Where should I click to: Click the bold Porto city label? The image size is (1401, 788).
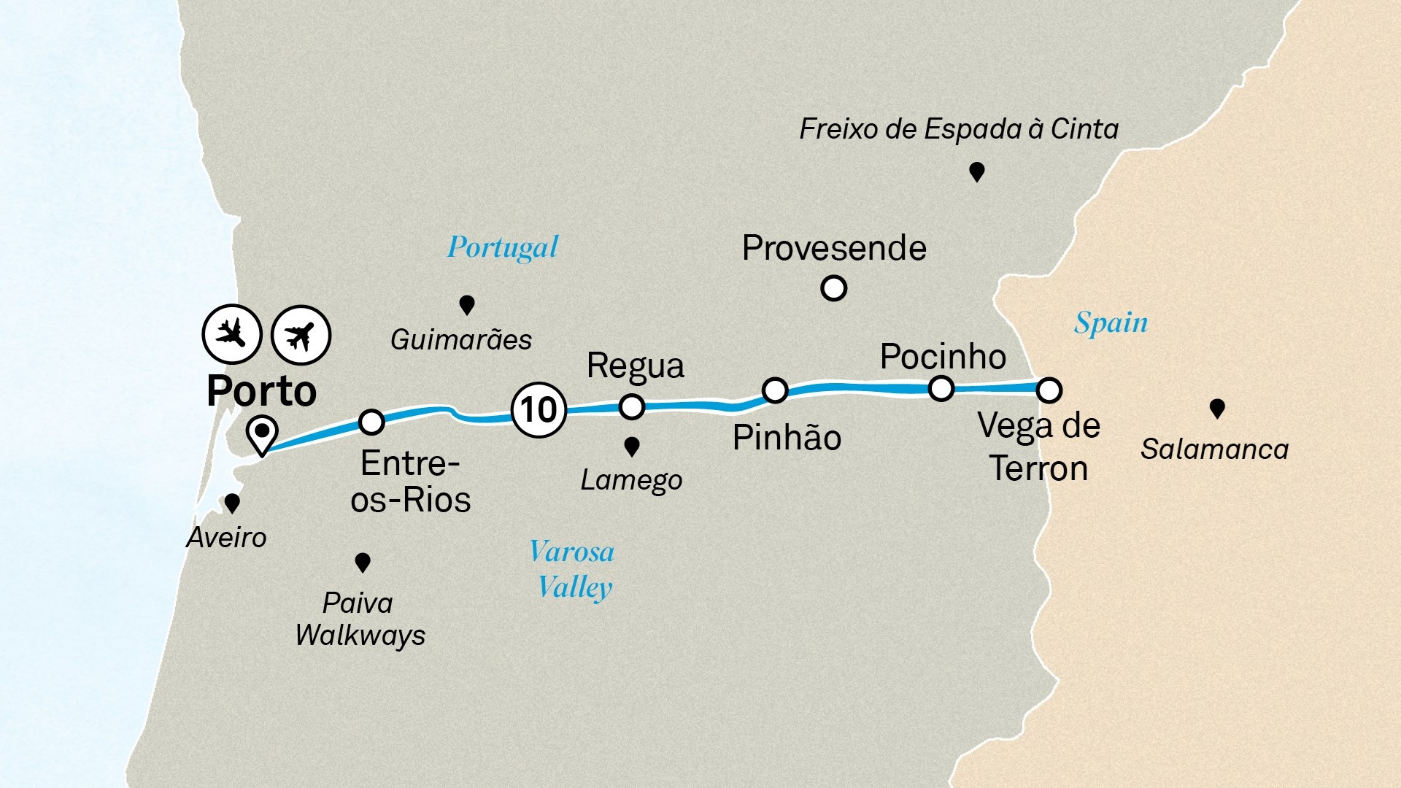(x=261, y=391)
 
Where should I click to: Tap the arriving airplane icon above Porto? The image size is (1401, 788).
(x=232, y=334)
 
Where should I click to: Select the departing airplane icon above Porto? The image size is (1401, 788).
(x=301, y=335)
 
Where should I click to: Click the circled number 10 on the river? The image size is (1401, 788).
(x=539, y=409)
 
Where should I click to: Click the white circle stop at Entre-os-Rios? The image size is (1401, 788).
(x=371, y=421)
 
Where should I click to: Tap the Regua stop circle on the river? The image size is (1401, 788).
(x=631, y=406)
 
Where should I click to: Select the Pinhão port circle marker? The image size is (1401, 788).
(x=774, y=390)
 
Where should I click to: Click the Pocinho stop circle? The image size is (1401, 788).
(x=941, y=388)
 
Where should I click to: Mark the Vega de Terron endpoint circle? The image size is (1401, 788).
(x=1049, y=390)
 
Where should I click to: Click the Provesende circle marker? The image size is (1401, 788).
(x=833, y=288)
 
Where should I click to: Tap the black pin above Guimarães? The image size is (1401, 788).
(x=466, y=304)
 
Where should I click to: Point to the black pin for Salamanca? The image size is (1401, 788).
(x=1216, y=408)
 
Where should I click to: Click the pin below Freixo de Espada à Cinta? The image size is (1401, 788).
(x=976, y=171)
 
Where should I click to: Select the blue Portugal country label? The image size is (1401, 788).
(x=503, y=248)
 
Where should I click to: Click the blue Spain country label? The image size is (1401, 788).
(x=1111, y=322)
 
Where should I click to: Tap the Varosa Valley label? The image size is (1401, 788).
(x=573, y=570)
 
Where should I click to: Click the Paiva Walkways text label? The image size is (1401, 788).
(x=360, y=619)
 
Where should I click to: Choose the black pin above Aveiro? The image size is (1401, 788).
(x=232, y=503)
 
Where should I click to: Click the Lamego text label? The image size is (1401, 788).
(x=631, y=480)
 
